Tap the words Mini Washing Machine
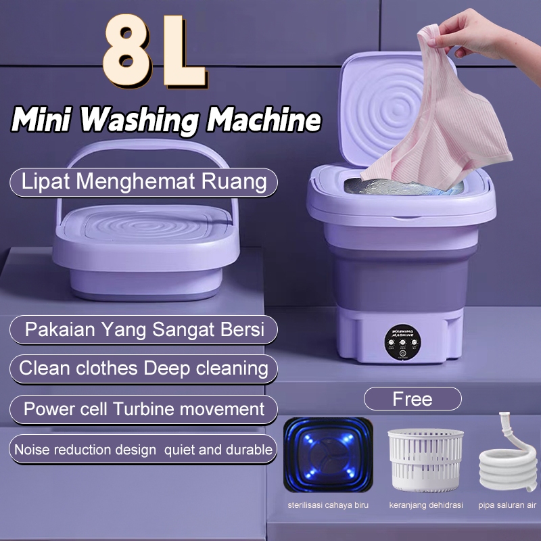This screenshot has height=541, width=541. (x=166, y=120)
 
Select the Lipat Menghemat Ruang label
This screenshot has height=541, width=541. (x=144, y=182)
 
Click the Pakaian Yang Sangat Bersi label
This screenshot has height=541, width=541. (x=144, y=331)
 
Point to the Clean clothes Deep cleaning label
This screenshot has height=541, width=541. (x=144, y=369)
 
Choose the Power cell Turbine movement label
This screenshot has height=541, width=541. (x=144, y=409)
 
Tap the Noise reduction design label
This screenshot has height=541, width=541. (x=144, y=449)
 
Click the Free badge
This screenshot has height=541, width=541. (x=413, y=399)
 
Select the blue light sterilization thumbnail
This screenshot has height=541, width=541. (x=327, y=456)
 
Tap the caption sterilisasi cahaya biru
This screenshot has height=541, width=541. (x=327, y=504)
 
